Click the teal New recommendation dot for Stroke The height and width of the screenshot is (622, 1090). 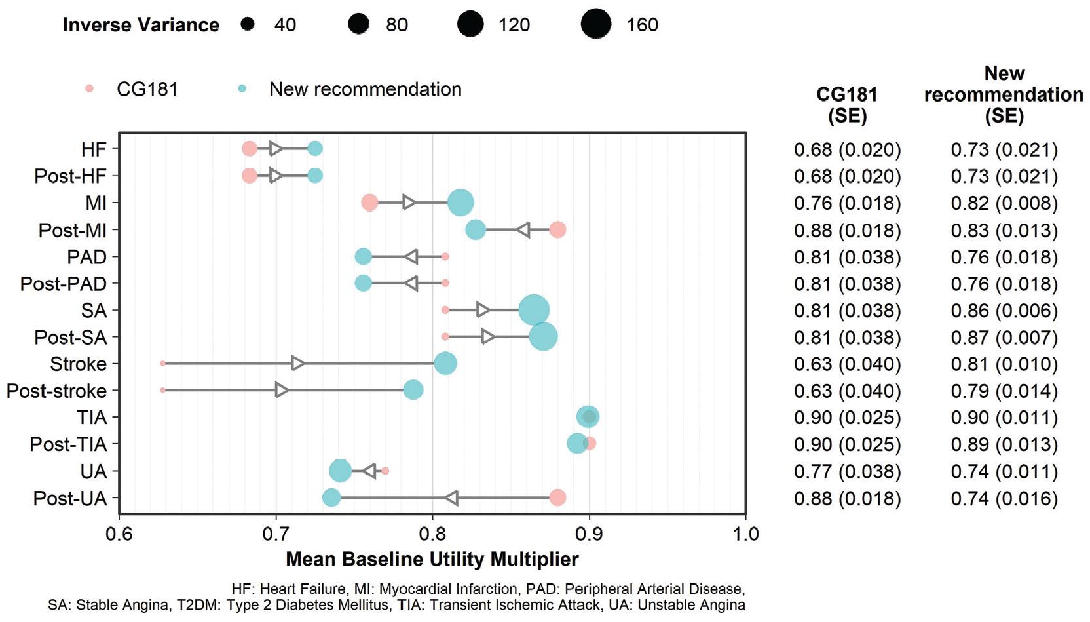tap(445, 364)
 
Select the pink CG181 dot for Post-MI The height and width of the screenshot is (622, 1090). tap(557, 229)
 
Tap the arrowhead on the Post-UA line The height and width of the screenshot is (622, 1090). tap(452, 498)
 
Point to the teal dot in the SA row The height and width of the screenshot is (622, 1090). tap(534, 310)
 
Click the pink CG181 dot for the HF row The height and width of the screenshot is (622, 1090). tap(249, 148)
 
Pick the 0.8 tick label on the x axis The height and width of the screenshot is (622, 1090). tap(432, 534)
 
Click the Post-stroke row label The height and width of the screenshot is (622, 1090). tap(56, 391)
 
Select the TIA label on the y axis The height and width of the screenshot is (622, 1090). tap(92, 418)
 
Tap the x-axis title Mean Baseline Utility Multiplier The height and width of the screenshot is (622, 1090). tap(432, 558)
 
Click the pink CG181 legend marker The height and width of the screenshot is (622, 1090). tap(89, 88)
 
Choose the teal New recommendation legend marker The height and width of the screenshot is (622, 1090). tap(242, 88)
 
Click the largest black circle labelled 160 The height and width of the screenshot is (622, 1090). tap(596, 24)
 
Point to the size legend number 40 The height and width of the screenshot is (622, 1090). tap(285, 24)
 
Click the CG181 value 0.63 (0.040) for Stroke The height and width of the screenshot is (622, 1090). tap(847, 364)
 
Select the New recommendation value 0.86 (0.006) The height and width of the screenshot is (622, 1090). tap(1004, 311)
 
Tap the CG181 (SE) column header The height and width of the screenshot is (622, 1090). tap(847, 105)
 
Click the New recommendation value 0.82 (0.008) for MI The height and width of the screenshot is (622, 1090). tap(1004, 203)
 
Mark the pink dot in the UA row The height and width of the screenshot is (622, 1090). tap(385, 471)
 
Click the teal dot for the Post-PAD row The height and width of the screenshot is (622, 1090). tap(363, 283)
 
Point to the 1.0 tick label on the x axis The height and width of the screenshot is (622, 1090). tap(745, 534)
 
